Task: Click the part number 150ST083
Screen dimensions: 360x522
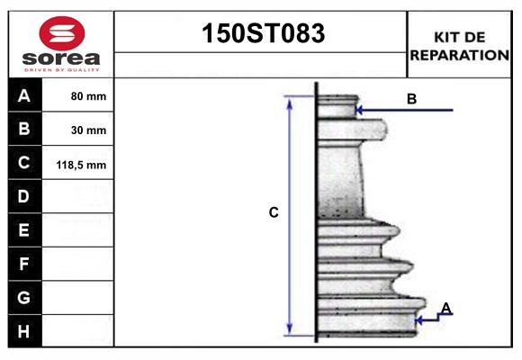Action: [x=261, y=33]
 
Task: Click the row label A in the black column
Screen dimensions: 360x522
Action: [x=24, y=96]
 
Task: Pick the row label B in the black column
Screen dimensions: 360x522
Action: [x=24, y=130]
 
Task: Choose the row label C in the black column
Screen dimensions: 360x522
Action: [x=24, y=164]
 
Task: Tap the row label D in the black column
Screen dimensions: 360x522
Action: [x=24, y=197]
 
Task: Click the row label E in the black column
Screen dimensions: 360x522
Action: [x=24, y=230]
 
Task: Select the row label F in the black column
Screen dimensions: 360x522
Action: [x=24, y=264]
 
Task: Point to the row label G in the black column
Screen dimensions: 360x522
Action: [x=24, y=297]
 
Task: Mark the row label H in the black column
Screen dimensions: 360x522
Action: [x=24, y=331]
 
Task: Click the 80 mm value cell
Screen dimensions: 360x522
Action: [x=88, y=96]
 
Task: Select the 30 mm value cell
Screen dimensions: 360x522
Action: [x=88, y=130]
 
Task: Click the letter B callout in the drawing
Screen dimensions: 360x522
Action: [x=411, y=99]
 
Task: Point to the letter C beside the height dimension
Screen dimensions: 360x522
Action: [x=274, y=213]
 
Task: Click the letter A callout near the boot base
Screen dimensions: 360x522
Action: [x=445, y=309]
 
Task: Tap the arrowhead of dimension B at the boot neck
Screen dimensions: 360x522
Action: [x=359, y=111]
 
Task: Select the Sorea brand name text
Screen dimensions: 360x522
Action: [x=61, y=58]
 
